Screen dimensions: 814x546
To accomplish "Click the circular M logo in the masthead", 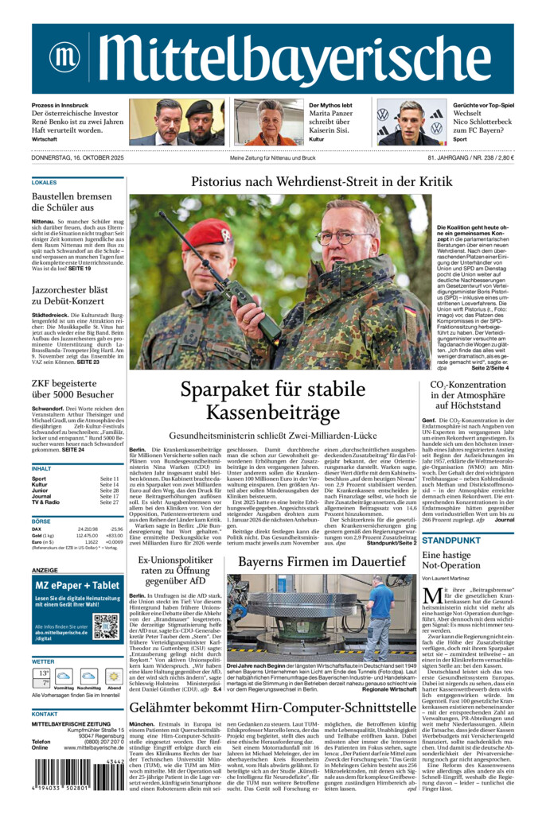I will point(64,56).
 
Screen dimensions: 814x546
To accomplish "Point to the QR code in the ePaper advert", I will point(105,627).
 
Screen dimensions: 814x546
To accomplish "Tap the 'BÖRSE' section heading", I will point(42,521).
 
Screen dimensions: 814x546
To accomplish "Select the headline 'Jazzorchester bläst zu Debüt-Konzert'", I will point(70,297).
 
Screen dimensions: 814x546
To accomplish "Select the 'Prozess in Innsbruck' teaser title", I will point(60,106).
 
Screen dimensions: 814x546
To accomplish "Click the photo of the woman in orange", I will point(268,122).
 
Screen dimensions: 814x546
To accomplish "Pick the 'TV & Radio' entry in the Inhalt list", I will point(45,502).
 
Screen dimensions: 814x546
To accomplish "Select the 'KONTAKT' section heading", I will point(45,714).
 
